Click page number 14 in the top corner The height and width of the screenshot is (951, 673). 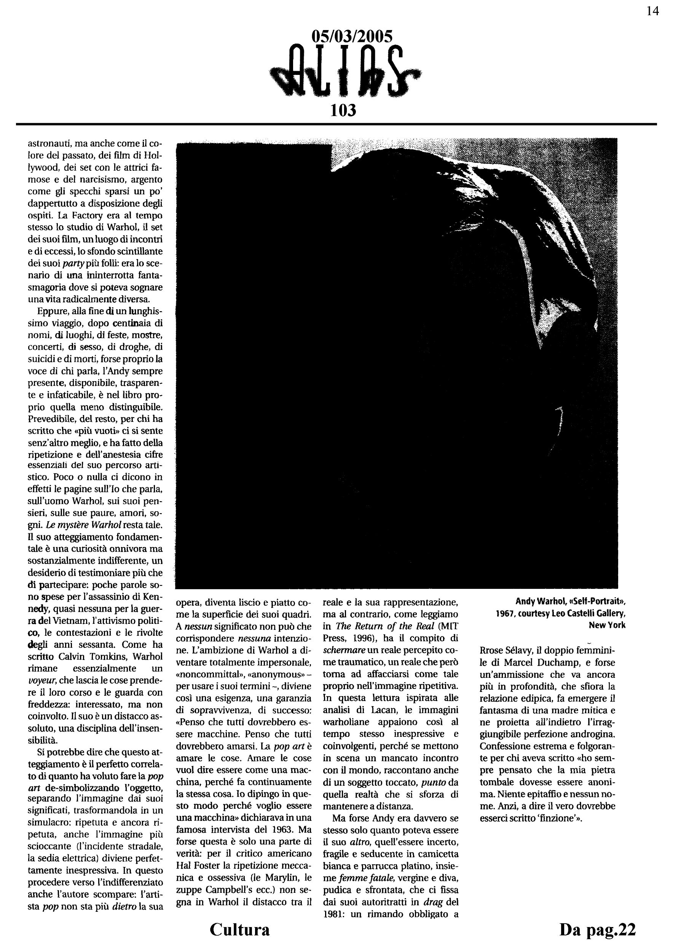(652, 11)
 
